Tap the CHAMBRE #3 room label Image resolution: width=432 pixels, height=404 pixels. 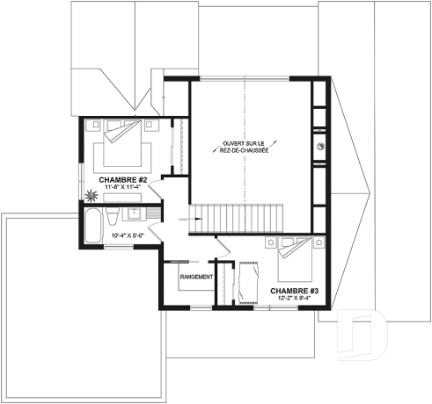click(x=294, y=290)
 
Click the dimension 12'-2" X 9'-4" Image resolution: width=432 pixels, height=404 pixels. click(x=294, y=299)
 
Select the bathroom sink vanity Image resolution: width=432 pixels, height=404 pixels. click(x=136, y=214)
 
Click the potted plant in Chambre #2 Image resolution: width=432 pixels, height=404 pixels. click(x=92, y=196)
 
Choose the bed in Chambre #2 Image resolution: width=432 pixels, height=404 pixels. click(x=117, y=142)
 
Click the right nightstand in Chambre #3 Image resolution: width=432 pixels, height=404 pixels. click(x=312, y=239)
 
